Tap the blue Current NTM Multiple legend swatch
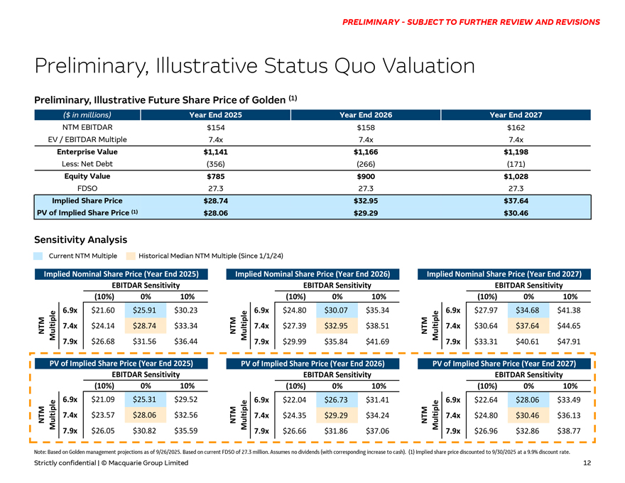point(39,255)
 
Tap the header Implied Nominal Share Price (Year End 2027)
point(504,273)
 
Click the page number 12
point(587,463)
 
